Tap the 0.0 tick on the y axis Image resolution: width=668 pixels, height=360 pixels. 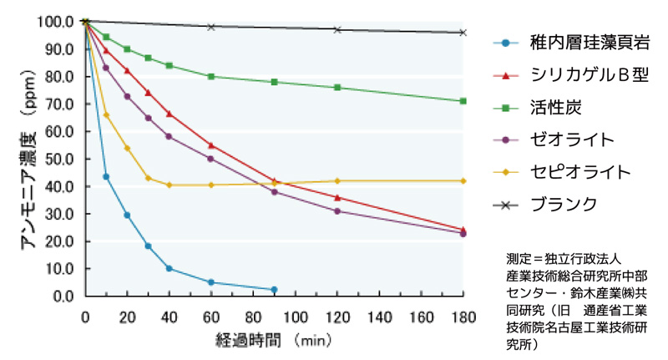pyautogui.click(x=67, y=297)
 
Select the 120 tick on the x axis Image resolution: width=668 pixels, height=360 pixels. pyautogui.click(x=337, y=317)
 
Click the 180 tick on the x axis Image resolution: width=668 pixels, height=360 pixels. pyautogui.click(x=463, y=317)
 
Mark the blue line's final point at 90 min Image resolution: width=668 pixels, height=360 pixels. pyautogui.click(x=274, y=290)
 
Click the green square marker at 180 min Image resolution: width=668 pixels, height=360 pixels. pyautogui.click(x=463, y=101)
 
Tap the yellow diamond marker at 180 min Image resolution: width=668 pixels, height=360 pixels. pyautogui.click(x=463, y=180)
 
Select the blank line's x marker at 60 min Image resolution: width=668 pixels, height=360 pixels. pyautogui.click(x=211, y=27)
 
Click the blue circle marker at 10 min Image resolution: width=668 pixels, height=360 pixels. pyautogui.click(x=106, y=176)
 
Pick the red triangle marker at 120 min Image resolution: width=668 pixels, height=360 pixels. pyautogui.click(x=337, y=197)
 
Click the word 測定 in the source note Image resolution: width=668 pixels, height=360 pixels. pyautogui.click(x=518, y=256)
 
